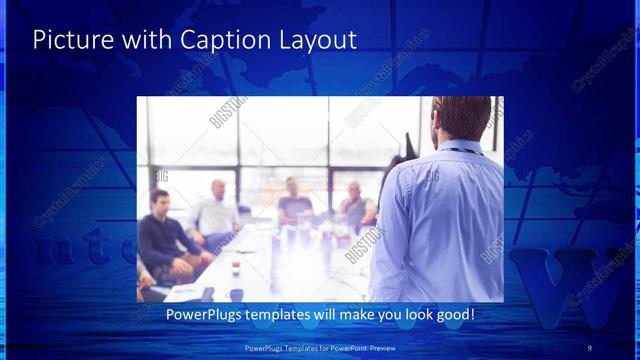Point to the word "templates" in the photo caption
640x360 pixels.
(285, 315)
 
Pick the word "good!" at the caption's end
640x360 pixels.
(453, 315)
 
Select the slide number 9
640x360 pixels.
(589, 347)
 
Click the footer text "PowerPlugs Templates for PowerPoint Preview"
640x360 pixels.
(320, 347)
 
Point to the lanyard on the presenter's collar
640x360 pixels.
(456, 150)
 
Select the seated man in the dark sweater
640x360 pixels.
(163, 235)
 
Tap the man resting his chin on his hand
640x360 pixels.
(354, 205)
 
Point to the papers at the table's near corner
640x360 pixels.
(185, 291)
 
